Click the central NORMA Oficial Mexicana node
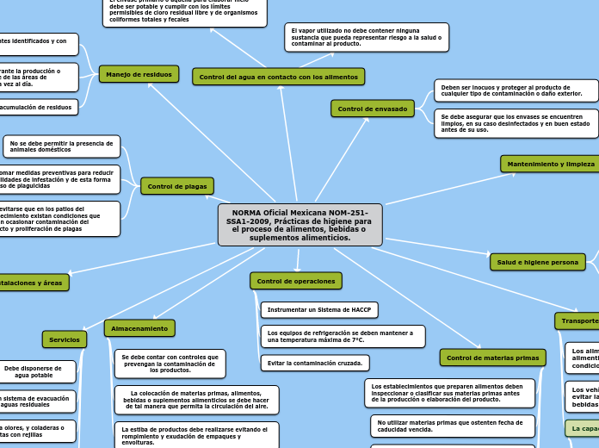[299, 225]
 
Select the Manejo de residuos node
[139, 74]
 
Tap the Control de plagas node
[176, 186]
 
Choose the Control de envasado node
[373, 109]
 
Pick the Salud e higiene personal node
[538, 262]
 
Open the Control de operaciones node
[296, 281]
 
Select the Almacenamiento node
[139, 328]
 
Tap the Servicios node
[65, 339]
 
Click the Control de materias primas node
[492, 358]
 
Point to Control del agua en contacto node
[278, 77]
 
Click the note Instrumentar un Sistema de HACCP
[319, 309]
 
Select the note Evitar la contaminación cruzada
[312, 363]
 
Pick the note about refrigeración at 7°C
[343, 336]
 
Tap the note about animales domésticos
[61, 146]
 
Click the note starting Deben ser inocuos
[511, 90]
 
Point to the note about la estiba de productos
[196, 433]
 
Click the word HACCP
[361, 309]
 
